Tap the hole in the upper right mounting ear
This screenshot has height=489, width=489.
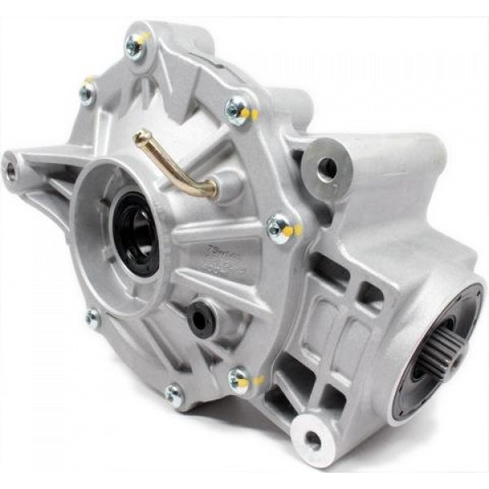point(327,169)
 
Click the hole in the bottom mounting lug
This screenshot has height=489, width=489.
point(312,440)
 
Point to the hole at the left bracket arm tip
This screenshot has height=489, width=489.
point(11,170)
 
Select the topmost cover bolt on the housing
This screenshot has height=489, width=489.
point(134,47)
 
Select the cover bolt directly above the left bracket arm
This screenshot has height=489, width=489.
point(86,92)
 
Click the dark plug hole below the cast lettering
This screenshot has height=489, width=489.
point(200,318)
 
